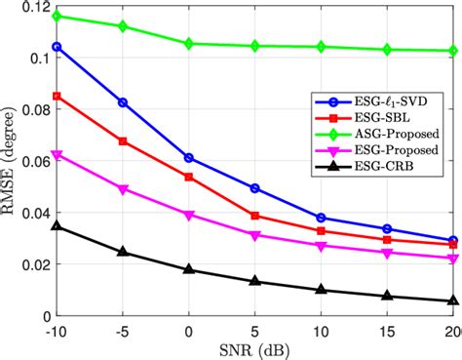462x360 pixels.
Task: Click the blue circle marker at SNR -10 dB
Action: tap(57, 47)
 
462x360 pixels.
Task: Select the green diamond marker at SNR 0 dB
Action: tap(188, 44)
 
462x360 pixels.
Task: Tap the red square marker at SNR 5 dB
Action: tap(254, 216)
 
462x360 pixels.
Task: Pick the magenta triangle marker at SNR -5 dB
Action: tap(123, 189)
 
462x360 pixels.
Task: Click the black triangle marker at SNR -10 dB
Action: tap(57, 226)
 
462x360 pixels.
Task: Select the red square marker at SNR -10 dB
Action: tap(57, 97)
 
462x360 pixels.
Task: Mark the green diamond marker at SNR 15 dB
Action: tap(387, 50)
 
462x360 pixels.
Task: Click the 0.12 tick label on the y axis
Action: tap(33, 7)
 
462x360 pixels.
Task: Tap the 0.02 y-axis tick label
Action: tap(33, 264)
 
